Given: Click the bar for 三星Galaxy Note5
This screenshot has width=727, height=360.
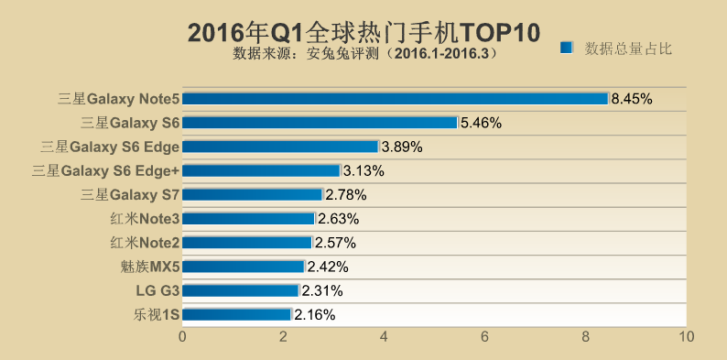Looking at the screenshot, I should [395, 99].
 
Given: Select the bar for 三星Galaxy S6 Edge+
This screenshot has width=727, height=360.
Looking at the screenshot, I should [261, 170].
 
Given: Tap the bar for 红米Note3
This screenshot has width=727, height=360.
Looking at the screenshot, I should [248, 219].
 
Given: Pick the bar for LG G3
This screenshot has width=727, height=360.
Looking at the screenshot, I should [241, 290].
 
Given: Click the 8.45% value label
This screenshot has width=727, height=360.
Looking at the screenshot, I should [632, 99].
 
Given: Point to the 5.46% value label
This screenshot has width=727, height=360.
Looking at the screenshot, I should [481, 123].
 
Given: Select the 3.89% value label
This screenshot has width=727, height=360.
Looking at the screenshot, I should [402, 147].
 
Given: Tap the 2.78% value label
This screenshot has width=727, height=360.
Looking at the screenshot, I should [346, 194].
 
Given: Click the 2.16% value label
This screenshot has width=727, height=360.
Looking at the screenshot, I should [315, 314].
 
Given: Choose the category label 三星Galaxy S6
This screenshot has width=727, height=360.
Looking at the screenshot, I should [130, 123].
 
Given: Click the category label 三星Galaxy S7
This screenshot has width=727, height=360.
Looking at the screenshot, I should [130, 194].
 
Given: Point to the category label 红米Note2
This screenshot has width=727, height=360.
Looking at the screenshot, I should [144, 243].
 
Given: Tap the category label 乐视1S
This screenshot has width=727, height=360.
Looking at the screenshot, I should [156, 314].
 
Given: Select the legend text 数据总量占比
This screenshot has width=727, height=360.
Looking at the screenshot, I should [628, 48].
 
